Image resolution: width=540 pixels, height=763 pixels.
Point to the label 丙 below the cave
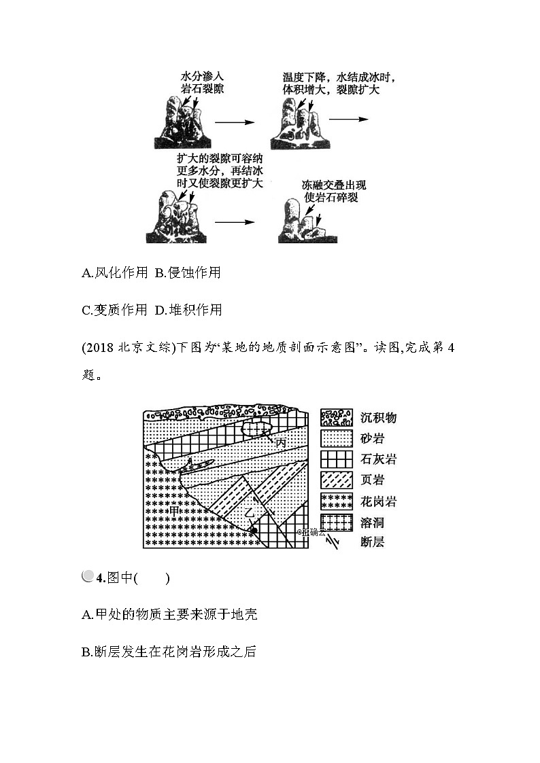280,442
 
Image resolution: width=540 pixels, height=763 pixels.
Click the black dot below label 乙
253,530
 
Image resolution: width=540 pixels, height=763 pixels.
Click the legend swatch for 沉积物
336,417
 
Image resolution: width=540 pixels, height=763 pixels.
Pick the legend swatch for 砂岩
336,438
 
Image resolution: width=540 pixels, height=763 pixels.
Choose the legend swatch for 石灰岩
336,459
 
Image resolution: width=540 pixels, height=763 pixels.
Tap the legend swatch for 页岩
336,480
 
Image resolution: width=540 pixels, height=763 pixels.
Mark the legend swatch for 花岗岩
336,501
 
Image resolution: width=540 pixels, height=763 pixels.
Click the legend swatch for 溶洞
336,522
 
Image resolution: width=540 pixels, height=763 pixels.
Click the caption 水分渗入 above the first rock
202,76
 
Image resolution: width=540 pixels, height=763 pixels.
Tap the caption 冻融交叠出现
331,185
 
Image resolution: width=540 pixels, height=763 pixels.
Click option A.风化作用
114,273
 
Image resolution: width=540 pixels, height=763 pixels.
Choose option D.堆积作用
188,310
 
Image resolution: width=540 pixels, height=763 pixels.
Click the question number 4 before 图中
99,579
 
